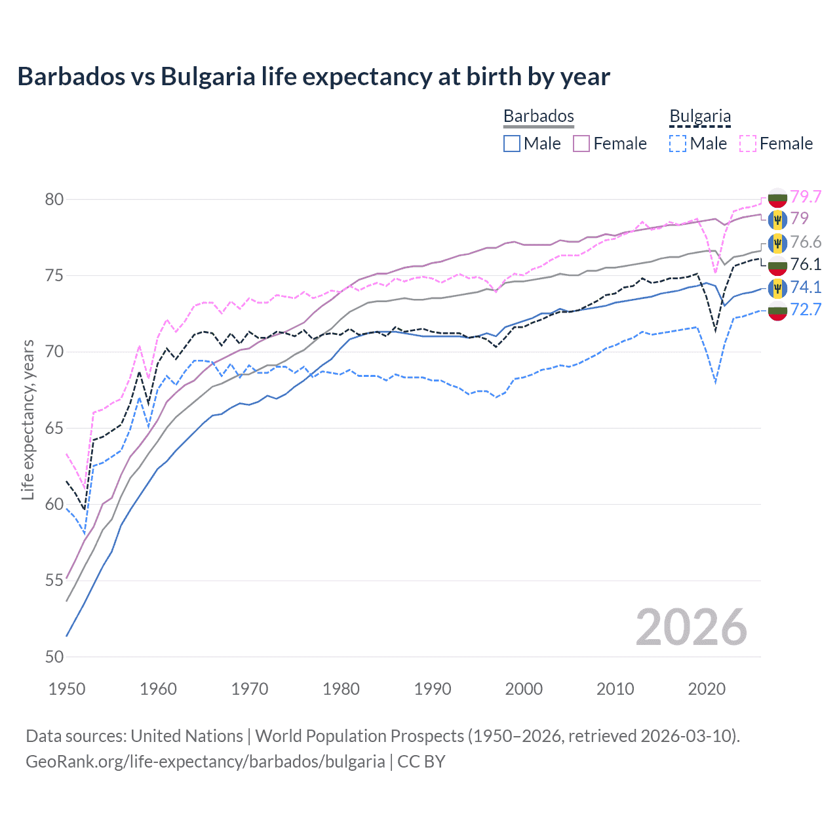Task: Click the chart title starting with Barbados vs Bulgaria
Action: pyautogui.click(x=313, y=77)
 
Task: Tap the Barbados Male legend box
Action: pyautogui.click(x=512, y=144)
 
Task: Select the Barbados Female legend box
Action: pyautogui.click(x=581, y=144)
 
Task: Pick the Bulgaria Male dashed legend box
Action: pyautogui.click(x=678, y=144)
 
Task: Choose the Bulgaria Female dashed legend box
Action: pyautogui.click(x=748, y=144)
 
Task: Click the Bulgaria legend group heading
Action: pyautogui.click(x=699, y=117)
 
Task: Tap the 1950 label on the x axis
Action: pyautogui.click(x=67, y=689)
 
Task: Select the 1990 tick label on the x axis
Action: pyautogui.click(x=432, y=689)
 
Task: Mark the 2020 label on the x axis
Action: pyautogui.click(x=706, y=689)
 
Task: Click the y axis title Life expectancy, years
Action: pyautogui.click(x=28, y=419)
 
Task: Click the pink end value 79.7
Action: pyautogui.click(x=806, y=197)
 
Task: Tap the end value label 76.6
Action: pyautogui.click(x=806, y=242)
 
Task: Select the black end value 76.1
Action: pyautogui.click(x=806, y=264)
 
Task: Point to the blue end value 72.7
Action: pyautogui.click(x=806, y=309)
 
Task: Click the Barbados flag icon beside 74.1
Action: pyautogui.click(x=777, y=288)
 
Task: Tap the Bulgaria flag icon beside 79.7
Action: pyautogui.click(x=777, y=197)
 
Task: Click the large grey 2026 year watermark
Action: pyautogui.click(x=691, y=627)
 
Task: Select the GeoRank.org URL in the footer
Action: pyautogui.click(x=205, y=762)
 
